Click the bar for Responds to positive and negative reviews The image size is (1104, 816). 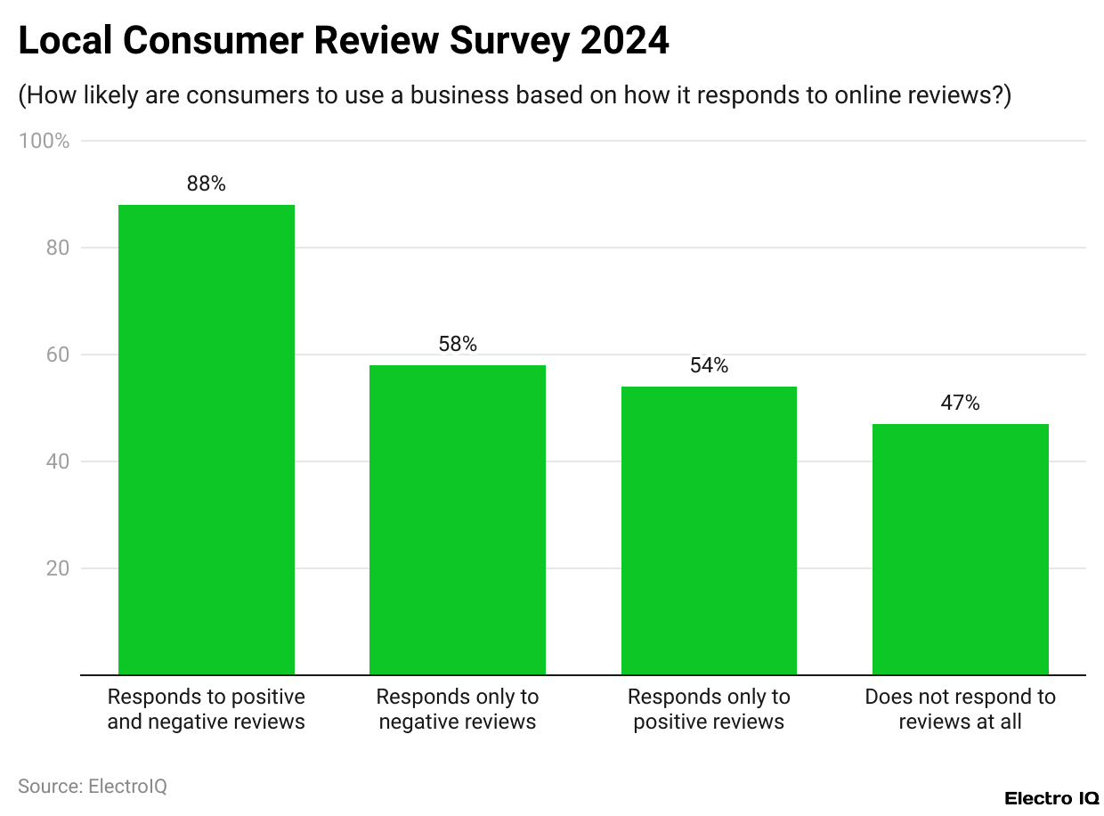click(x=207, y=440)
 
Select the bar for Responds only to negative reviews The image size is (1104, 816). click(x=458, y=520)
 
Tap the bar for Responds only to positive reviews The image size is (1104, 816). click(x=709, y=531)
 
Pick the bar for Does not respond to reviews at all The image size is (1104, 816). click(x=960, y=550)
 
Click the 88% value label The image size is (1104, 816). click(x=207, y=184)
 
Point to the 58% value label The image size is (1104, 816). click(x=458, y=345)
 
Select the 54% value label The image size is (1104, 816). click(x=709, y=366)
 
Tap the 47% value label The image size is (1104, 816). click(x=960, y=404)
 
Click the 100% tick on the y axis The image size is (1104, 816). click(x=44, y=141)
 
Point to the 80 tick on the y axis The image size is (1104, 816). click(x=57, y=248)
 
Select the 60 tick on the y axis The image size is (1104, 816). click(x=57, y=355)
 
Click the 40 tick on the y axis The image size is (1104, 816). click(x=57, y=461)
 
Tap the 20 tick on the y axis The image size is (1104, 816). click(x=57, y=568)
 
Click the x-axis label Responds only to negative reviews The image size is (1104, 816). click(x=458, y=709)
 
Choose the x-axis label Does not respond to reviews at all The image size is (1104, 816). click(x=960, y=709)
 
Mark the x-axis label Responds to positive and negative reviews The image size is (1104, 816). click(x=207, y=709)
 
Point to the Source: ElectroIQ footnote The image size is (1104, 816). click(x=93, y=787)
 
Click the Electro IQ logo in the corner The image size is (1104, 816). click(x=1051, y=797)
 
